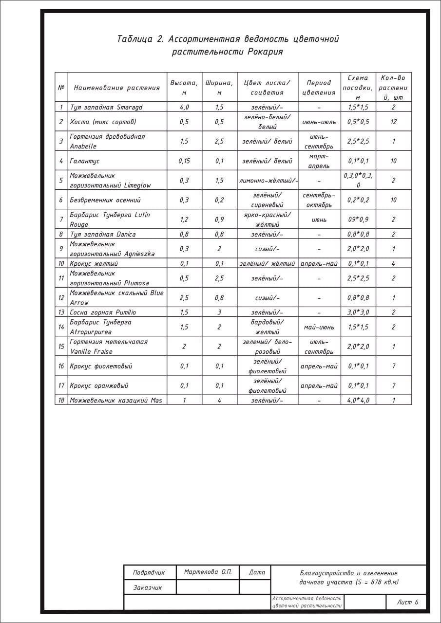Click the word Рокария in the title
point(265,52)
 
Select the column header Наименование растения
point(116,88)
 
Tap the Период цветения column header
point(319,88)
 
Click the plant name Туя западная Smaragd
point(106,107)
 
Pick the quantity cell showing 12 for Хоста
point(393,122)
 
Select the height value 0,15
point(184,161)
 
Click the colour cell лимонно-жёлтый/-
point(268,180)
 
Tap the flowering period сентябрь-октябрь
point(319,200)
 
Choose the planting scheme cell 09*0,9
point(358,220)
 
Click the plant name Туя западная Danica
point(103,234)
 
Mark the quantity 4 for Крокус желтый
point(393,263)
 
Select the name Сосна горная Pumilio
point(103,312)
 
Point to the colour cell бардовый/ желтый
point(268,327)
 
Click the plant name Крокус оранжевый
point(99,385)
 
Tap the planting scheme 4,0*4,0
point(358,400)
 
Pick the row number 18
point(61,400)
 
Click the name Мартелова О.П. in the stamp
point(208,572)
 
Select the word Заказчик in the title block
point(148,587)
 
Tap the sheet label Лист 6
point(408,602)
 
